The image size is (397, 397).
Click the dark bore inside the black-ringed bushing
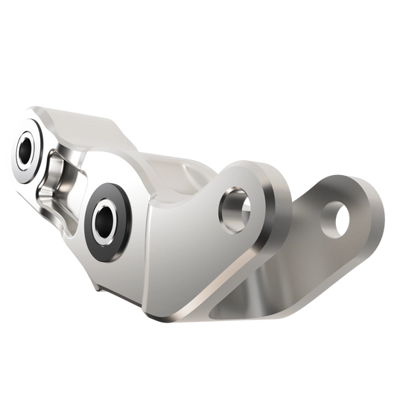[x=107, y=218]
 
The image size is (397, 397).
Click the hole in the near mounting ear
[x=232, y=207]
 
